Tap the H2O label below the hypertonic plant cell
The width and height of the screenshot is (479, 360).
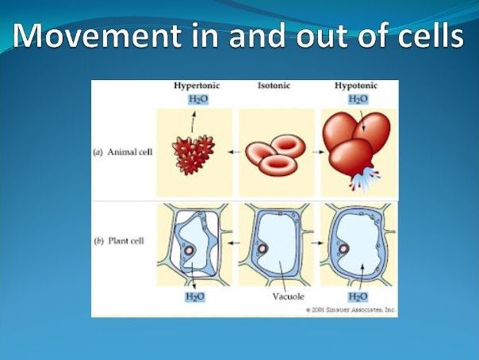click(x=195, y=297)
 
